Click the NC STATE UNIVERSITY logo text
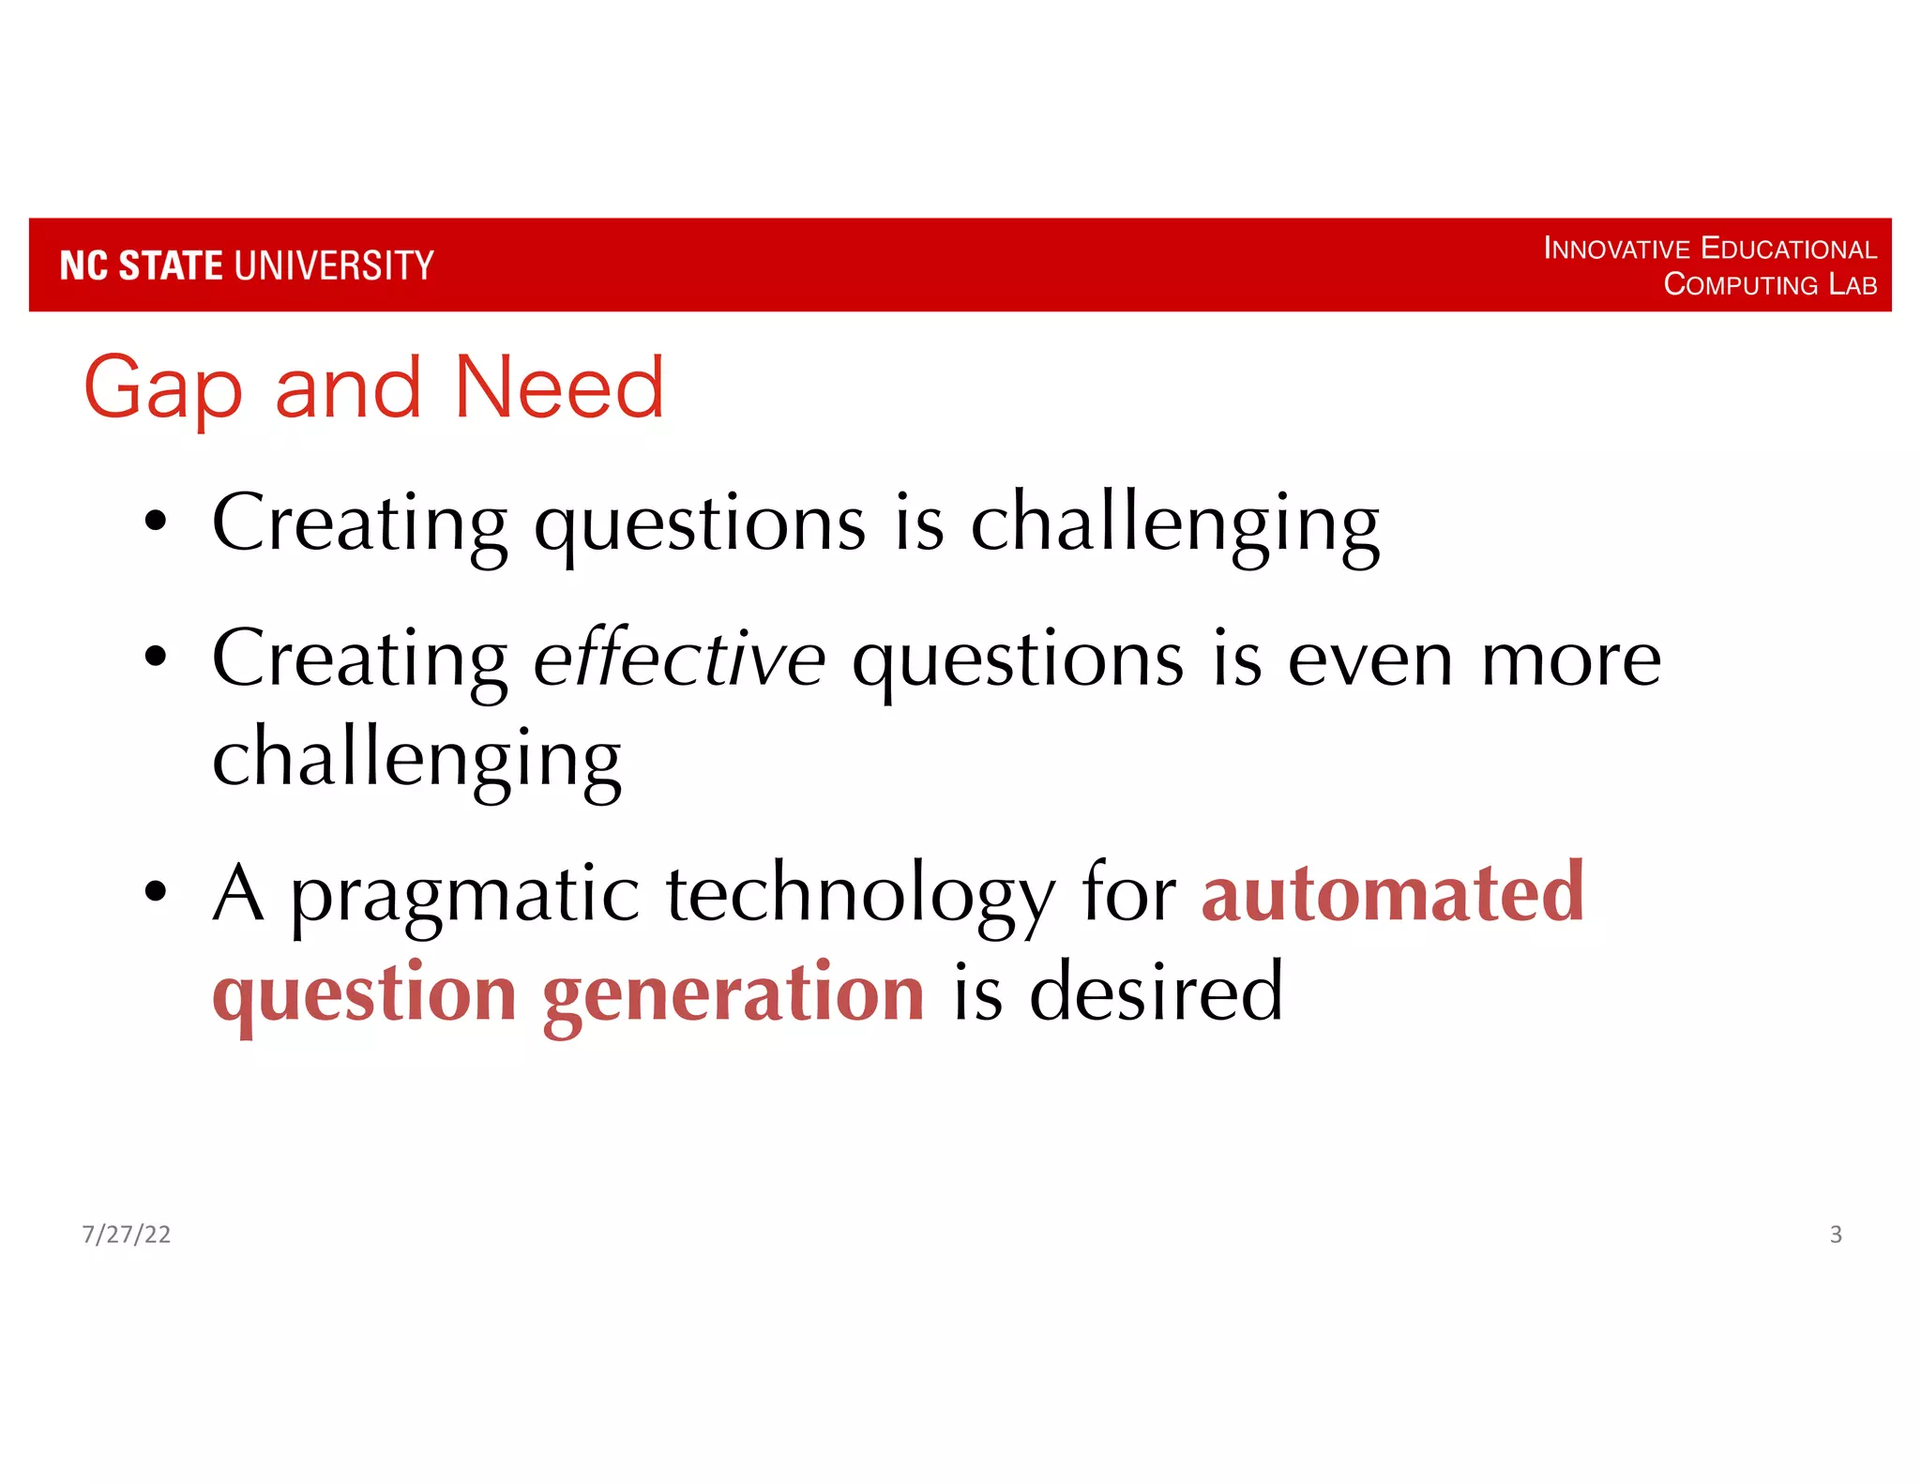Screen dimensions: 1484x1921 [x=247, y=265]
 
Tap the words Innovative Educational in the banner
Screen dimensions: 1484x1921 [x=1709, y=249]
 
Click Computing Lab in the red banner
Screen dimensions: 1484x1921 [x=1769, y=284]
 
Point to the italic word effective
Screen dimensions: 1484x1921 [x=679, y=659]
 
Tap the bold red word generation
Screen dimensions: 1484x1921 [x=734, y=994]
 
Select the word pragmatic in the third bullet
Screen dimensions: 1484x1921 [x=465, y=896]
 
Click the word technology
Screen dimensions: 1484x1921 [x=860, y=896]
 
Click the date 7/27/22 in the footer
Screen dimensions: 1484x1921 [x=127, y=1234]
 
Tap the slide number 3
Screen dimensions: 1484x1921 [x=1836, y=1234]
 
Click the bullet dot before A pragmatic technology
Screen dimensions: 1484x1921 [x=156, y=892]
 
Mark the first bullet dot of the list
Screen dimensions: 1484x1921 [x=156, y=522]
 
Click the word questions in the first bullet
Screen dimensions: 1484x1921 [x=700, y=525]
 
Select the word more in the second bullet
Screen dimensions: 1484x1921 [x=1570, y=660]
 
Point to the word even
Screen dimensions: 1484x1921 [x=1370, y=660]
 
